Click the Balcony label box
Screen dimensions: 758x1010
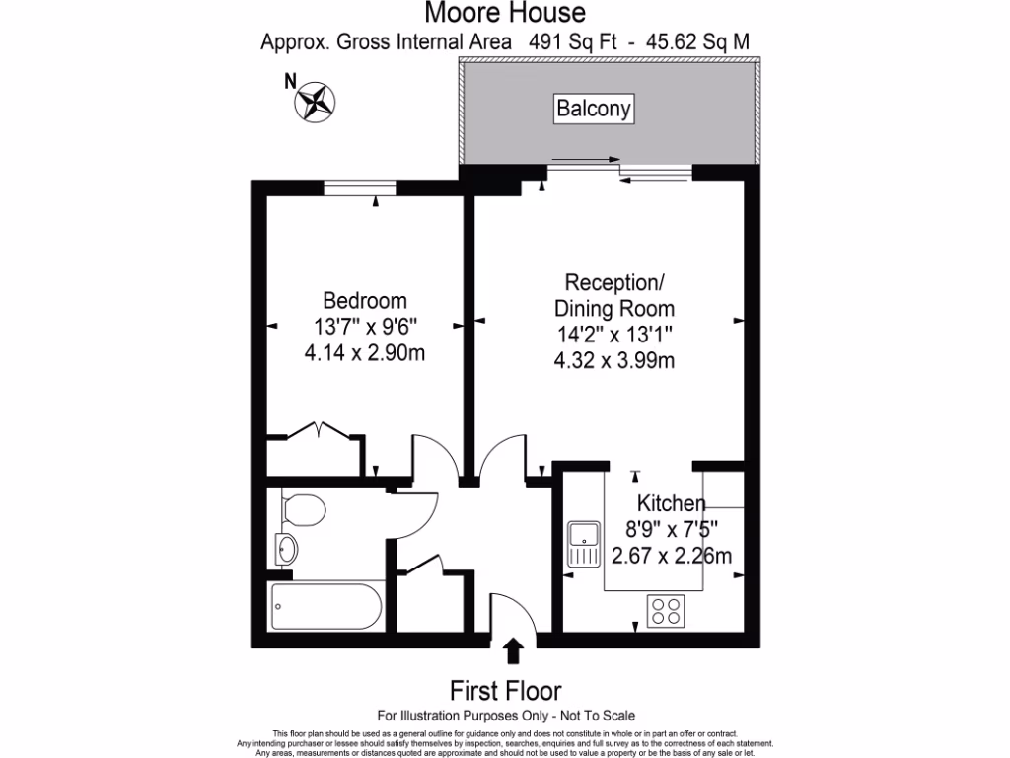pos(593,109)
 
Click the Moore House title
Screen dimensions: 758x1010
pos(504,13)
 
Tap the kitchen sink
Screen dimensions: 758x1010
pos(583,543)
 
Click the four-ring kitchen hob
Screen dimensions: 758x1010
pos(666,611)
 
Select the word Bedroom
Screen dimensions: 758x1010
pos(365,300)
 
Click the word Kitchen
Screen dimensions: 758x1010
pos(671,503)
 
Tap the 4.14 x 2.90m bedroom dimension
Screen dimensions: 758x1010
pos(365,352)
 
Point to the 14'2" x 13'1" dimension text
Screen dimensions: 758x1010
pos(613,334)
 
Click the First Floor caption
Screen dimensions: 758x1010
pos(505,689)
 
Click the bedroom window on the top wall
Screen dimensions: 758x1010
pos(360,189)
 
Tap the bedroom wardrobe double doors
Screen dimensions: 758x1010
pos(321,430)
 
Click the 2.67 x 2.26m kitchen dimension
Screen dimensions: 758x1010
pos(672,556)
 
